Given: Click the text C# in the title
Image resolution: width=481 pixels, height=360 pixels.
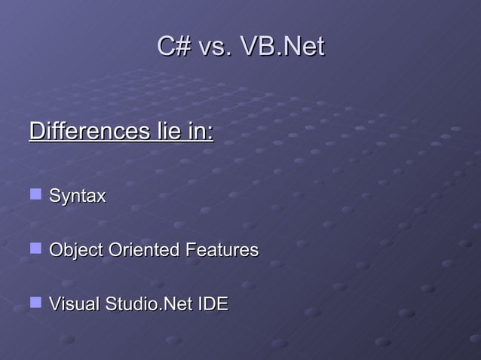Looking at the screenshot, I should (x=173, y=47).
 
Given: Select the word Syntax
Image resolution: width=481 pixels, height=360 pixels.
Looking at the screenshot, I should (x=78, y=197).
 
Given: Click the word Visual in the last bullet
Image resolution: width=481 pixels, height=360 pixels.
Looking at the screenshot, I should (x=75, y=304).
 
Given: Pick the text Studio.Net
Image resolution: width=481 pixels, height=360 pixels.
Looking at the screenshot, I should (x=150, y=304).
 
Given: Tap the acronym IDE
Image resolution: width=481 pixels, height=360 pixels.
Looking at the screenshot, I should (x=213, y=304).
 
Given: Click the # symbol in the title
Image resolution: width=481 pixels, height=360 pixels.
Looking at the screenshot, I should (x=182, y=47).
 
